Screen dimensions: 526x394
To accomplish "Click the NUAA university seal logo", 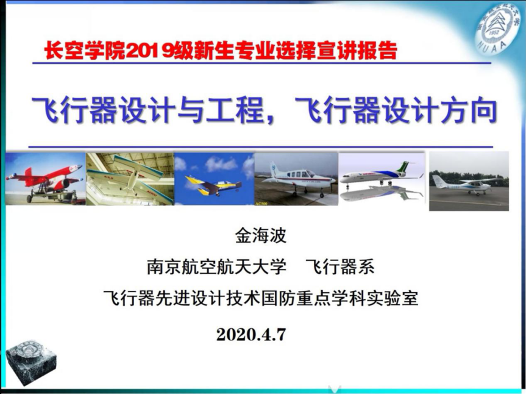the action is tap(497, 27).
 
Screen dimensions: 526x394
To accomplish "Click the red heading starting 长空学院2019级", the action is tap(221, 51).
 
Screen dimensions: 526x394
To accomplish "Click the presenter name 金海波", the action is tap(261, 235).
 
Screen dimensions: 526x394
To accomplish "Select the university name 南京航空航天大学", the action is tap(216, 267).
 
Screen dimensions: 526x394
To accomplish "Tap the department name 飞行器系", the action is tap(339, 267).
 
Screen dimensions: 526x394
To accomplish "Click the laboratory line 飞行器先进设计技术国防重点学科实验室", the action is tap(261, 298).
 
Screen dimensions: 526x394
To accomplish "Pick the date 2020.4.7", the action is tap(251, 334).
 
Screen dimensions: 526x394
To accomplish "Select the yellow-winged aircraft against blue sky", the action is tap(213, 186).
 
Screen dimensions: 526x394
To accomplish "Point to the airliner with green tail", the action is tap(381, 175).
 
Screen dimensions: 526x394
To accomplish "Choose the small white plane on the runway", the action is tap(466, 185).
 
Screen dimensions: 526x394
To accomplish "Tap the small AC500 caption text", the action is tap(261, 203).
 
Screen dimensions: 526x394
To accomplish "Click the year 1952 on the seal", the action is tap(493, 33).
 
